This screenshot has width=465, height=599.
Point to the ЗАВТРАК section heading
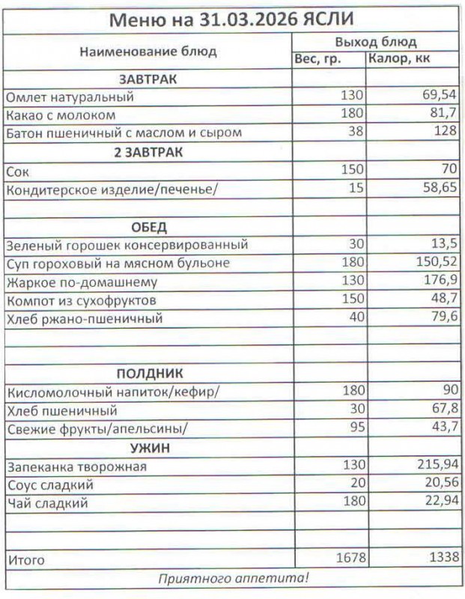coord(147,79)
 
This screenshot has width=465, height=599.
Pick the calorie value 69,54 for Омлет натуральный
coord(439,96)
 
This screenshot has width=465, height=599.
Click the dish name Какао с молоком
coord(61,115)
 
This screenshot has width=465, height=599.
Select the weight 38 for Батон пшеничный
coord(355,133)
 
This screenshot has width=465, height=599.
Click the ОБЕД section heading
coord(148,227)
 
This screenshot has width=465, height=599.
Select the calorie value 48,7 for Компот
coord(442,299)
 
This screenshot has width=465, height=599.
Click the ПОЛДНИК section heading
coord(149,373)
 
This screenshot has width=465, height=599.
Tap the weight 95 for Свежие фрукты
coord(355,428)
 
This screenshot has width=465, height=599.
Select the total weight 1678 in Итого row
coord(347,558)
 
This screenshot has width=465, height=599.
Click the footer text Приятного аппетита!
coord(233,579)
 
